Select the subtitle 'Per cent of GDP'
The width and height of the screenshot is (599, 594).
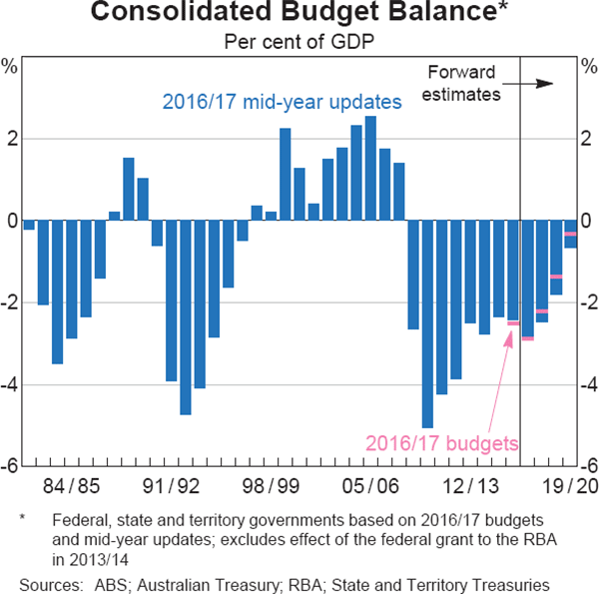(299, 42)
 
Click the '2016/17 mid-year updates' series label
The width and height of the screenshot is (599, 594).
(282, 101)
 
